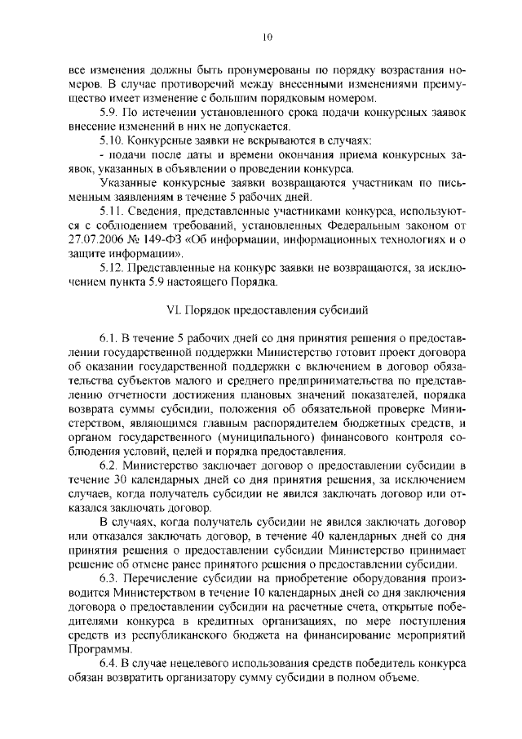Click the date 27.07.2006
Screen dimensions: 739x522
[x=95, y=238]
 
